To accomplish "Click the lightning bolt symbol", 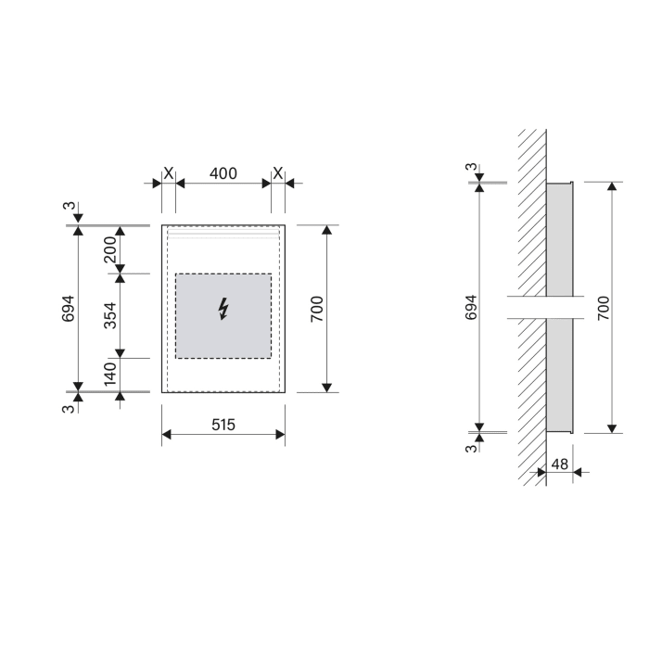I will (x=223, y=309).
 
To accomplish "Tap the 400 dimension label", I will (x=223, y=172).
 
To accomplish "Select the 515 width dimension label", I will (x=223, y=425).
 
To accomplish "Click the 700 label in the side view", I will (x=603, y=308).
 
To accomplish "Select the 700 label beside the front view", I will (x=317, y=308).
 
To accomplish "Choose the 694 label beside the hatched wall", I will (x=469, y=308).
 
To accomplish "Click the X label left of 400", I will (x=168, y=172).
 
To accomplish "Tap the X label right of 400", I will (x=277, y=172).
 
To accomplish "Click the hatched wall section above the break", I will (x=531, y=213).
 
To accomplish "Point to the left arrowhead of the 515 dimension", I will (x=167, y=434).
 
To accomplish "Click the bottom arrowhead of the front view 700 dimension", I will (x=326, y=386).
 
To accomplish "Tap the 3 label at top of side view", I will (x=470, y=168).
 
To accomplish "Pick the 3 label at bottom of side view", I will (x=470, y=448).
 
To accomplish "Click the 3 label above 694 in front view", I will (x=69, y=206).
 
